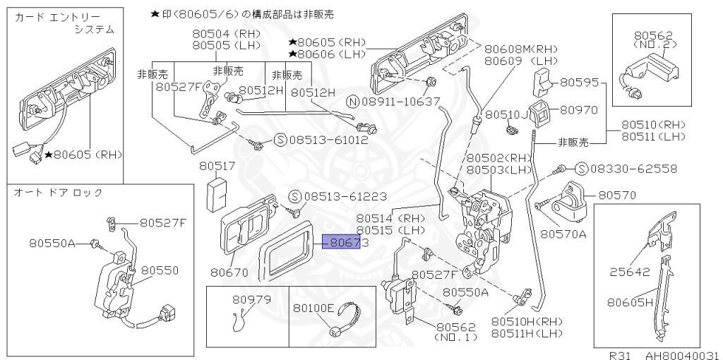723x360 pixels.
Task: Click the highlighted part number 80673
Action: click(x=347, y=242)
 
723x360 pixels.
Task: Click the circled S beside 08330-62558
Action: click(x=580, y=169)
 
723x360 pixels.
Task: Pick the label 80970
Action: click(x=579, y=110)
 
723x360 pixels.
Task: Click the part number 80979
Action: click(x=251, y=299)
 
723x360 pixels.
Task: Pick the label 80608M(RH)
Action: click(x=520, y=49)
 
